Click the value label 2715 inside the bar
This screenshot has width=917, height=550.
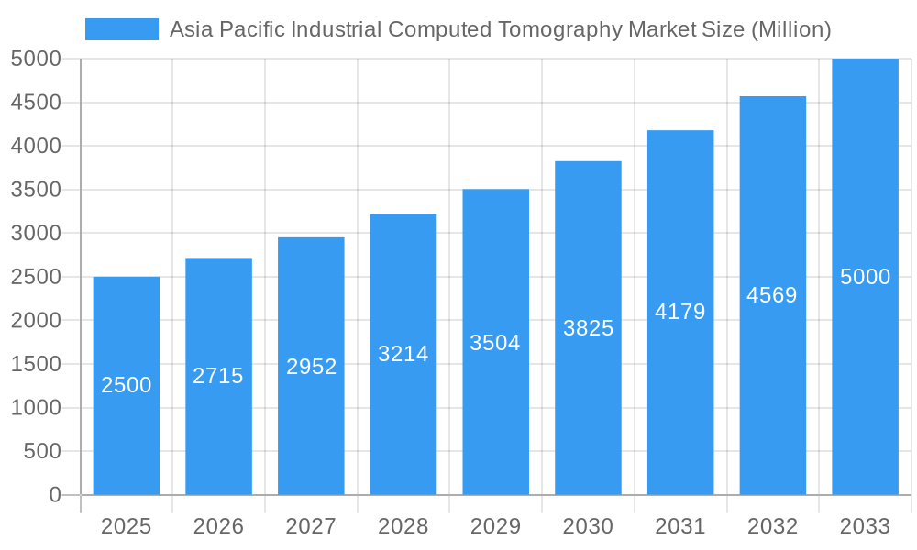coord(218,376)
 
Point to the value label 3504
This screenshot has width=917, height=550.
coord(495,343)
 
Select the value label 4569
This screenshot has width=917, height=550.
coord(772,295)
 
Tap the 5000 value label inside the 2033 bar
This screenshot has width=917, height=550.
coord(865,277)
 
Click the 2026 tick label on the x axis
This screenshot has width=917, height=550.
coord(218,526)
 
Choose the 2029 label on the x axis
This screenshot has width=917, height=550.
coord(495,526)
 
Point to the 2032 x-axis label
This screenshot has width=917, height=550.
coord(772,526)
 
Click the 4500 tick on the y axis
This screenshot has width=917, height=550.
coord(36,103)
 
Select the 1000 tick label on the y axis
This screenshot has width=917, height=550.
coord(36,408)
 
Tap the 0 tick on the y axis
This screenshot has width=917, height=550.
coord(54,495)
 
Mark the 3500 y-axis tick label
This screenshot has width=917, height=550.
coord(36,190)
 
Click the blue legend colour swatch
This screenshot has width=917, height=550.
coord(122,29)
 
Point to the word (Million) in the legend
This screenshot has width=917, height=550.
coord(791,29)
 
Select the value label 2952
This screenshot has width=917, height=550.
coord(311,367)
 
